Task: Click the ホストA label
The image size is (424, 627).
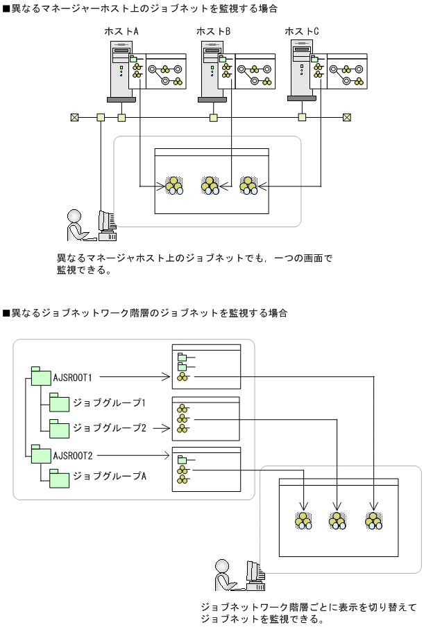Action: click(121, 32)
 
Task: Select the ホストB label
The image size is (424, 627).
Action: click(213, 32)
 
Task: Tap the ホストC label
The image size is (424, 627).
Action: click(302, 32)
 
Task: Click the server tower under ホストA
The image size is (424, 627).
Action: click(120, 70)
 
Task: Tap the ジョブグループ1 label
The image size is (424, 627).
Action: click(109, 403)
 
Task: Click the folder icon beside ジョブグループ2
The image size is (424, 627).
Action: click(59, 428)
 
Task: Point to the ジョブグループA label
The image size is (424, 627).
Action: click(109, 476)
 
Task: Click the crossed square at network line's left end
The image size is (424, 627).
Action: click(74, 117)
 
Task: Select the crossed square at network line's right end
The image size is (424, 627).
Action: click(348, 117)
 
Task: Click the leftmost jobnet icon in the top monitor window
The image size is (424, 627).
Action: click(173, 186)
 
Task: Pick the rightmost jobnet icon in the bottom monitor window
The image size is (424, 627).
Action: click(375, 520)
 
